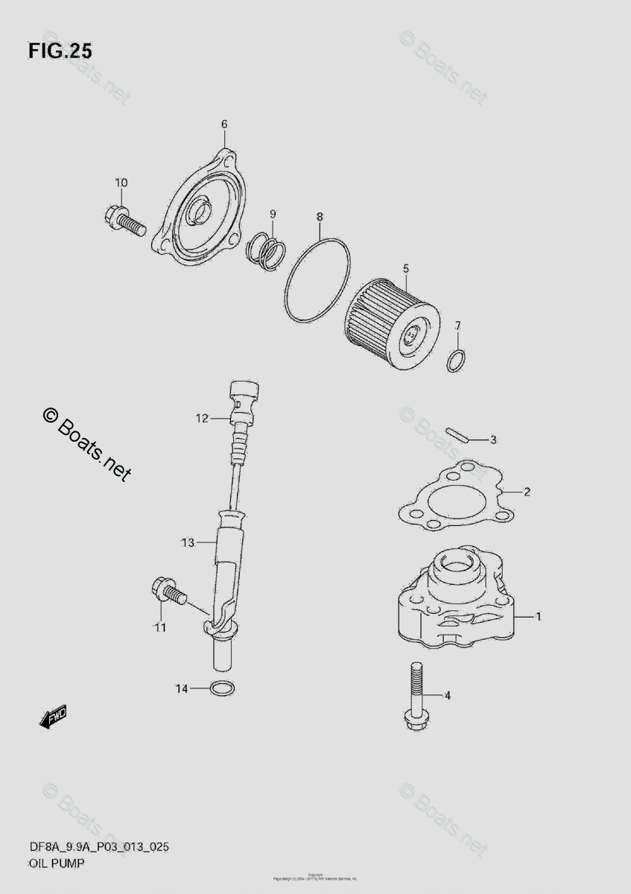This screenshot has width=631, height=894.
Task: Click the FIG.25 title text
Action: pos(60,51)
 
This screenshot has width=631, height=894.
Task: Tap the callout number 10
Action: pos(121,183)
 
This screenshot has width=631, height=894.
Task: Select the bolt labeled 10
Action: pos(124,221)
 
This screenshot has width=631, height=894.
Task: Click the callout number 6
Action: pos(223,124)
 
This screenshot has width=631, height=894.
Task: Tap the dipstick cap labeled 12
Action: pos(244,394)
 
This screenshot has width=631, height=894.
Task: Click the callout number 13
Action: pos(187,542)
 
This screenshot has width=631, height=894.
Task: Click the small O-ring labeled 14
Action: pos(221,687)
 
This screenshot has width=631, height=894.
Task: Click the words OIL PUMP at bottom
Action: pos(57,863)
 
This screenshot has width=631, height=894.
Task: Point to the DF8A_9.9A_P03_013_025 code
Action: pos(92,849)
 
